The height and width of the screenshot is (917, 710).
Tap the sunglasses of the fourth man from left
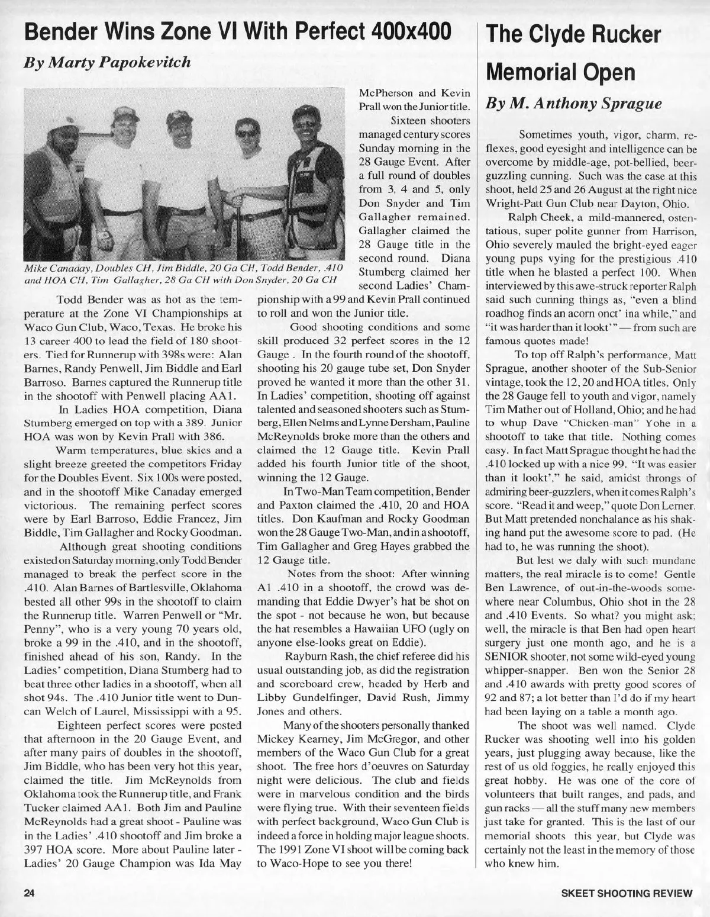point(246,134)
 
